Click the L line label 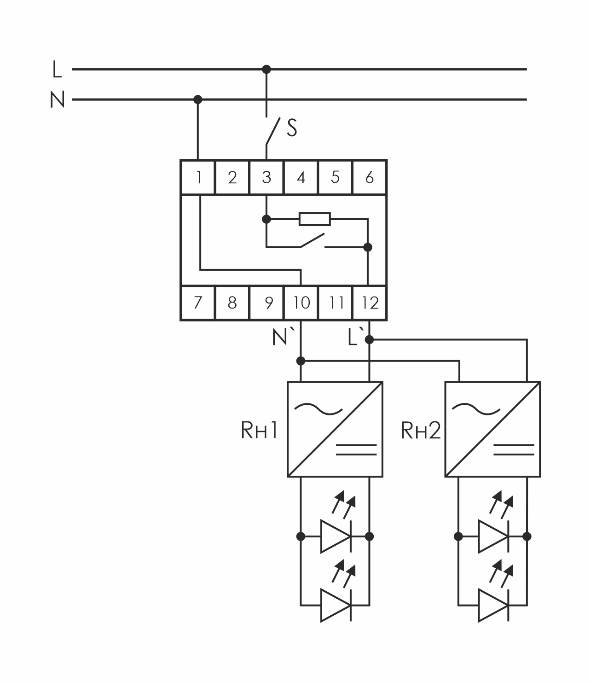(x=57, y=70)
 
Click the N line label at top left (x=58, y=99)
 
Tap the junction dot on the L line (x=266, y=70)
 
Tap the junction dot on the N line (x=198, y=99)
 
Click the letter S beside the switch (x=292, y=128)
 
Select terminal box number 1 (x=198, y=177)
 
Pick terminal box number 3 (x=267, y=177)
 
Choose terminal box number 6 (x=369, y=177)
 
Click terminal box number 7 (x=198, y=303)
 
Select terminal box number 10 (x=301, y=303)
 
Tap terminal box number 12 (x=370, y=303)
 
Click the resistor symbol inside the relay (x=314, y=219)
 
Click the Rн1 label (x=259, y=431)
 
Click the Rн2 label (x=421, y=431)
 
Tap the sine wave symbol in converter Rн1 (x=319, y=408)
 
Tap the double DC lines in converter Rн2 (x=514, y=449)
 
